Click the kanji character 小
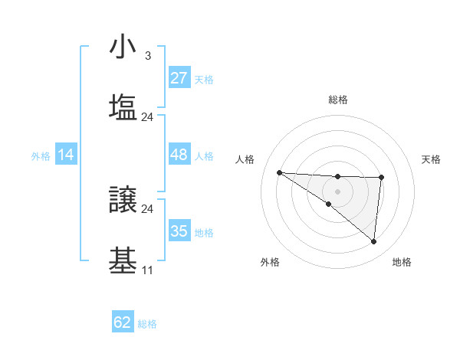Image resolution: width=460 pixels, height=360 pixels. (123, 48)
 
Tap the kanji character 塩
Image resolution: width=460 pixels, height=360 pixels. (123, 108)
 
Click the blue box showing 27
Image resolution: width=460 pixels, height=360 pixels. (179, 78)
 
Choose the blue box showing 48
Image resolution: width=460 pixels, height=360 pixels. (179, 155)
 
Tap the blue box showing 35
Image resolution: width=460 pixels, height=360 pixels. (179, 231)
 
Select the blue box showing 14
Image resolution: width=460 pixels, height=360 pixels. (66, 155)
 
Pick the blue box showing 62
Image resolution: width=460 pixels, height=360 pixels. (123, 322)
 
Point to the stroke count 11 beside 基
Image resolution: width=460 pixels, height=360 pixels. (147, 270)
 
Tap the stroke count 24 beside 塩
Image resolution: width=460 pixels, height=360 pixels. (147, 117)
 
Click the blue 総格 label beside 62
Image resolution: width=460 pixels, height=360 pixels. (147, 324)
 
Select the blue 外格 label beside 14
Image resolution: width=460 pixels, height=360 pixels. (41, 156)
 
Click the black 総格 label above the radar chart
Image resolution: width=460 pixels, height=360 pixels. (338, 100)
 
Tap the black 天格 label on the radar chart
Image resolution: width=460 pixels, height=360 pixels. (431, 159)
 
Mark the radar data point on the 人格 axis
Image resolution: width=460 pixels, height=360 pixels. (279, 172)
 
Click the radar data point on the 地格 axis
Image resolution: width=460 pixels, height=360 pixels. (374, 242)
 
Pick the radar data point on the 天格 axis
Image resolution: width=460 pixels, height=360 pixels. (381, 178)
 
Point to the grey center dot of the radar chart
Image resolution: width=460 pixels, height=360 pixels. (337, 191)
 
